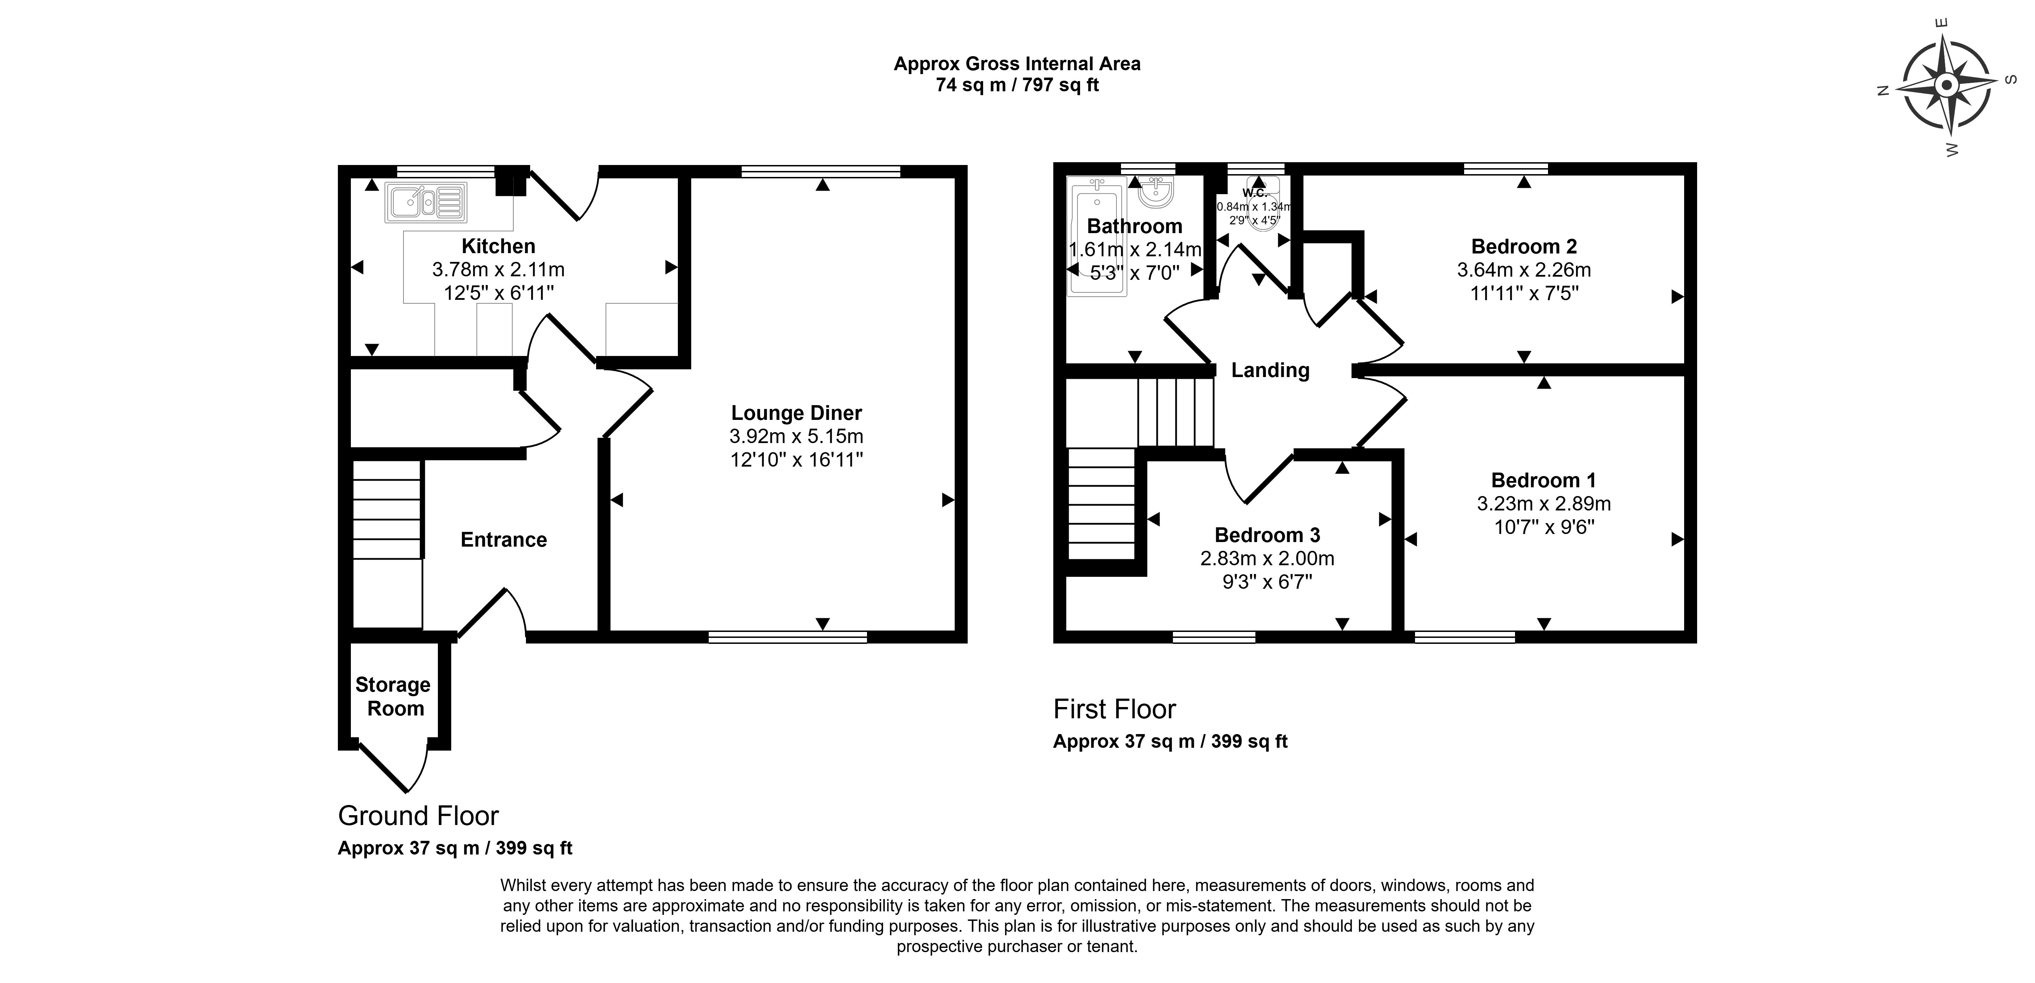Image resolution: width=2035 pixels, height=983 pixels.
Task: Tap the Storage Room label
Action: pos(393,696)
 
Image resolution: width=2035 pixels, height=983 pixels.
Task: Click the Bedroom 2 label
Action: pos(1524,246)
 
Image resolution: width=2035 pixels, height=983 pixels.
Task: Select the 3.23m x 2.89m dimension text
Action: pos(1544,503)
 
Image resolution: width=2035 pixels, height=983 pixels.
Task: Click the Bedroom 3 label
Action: pos(1267,535)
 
